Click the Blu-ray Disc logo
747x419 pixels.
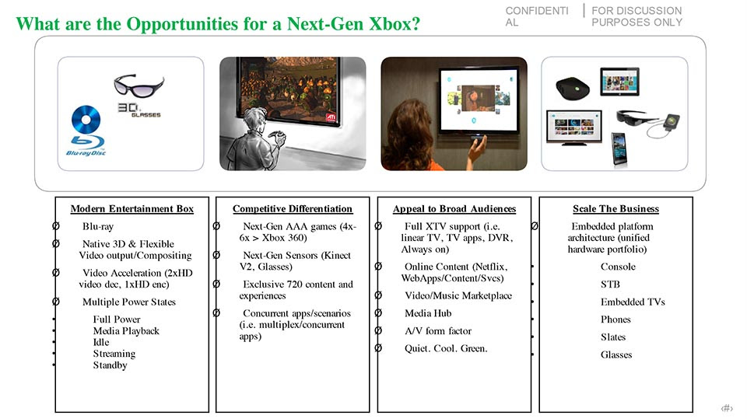point(86,131)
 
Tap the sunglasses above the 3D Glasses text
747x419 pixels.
point(139,86)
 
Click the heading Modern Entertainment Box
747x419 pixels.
point(132,208)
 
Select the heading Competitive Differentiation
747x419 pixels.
point(293,208)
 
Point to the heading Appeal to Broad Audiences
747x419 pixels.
point(454,208)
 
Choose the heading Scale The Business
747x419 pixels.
point(616,208)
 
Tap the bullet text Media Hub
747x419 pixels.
point(428,313)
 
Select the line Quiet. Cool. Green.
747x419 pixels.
point(446,348)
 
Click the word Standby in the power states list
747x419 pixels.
point(110,365)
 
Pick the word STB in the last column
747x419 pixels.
point(610,285)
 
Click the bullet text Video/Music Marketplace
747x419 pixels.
point(458,295)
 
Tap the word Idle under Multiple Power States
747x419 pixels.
point(101,342)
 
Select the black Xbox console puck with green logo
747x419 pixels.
point(573,88)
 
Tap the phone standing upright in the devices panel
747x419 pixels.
point(619,149)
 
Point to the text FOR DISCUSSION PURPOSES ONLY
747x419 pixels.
point(637,16)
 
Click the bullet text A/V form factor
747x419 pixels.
point(438,331)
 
